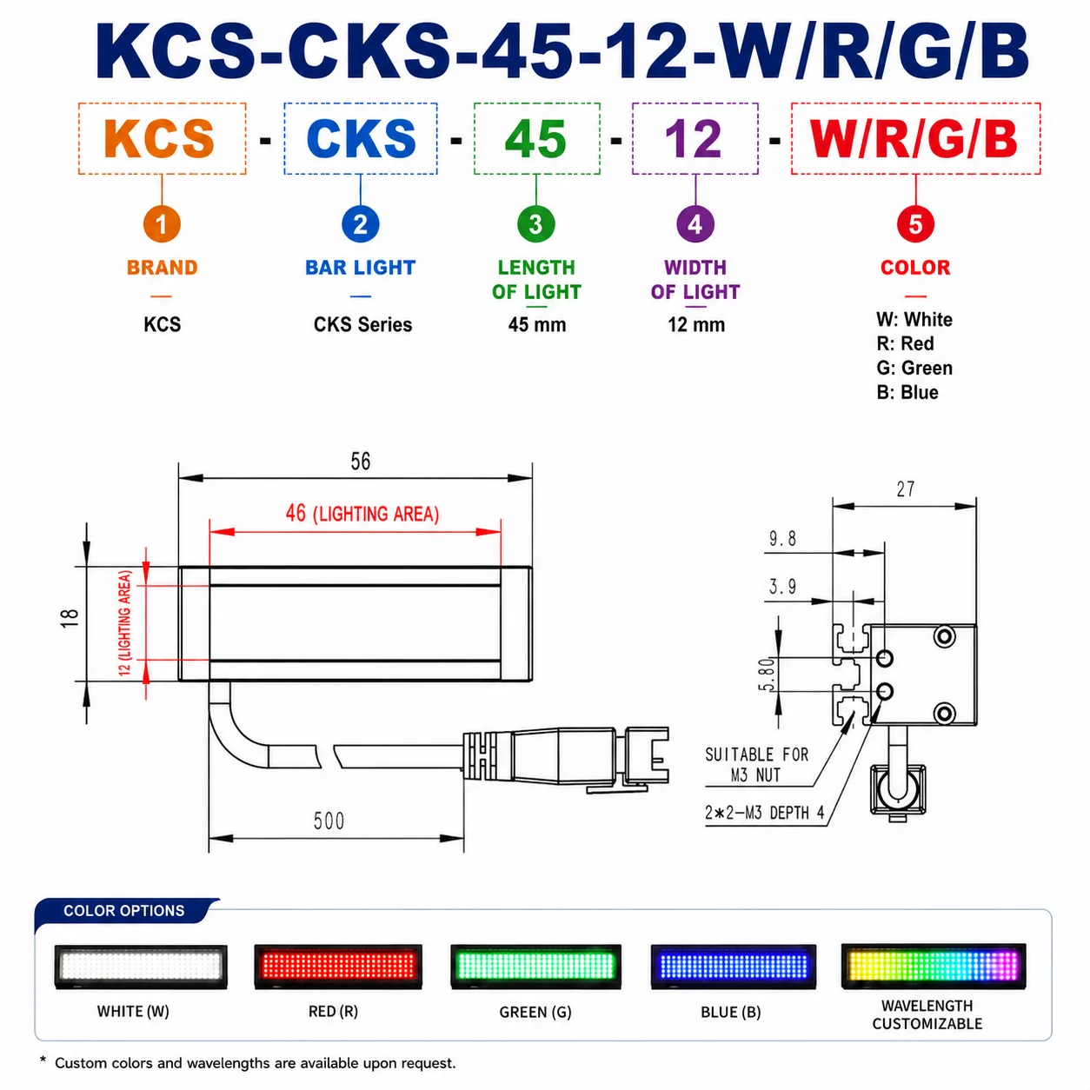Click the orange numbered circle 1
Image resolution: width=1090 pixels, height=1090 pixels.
[x=162, y=224]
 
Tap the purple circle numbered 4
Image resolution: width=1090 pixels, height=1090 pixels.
[x=695, y=224]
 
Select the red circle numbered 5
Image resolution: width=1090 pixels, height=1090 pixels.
[x=915, y=224]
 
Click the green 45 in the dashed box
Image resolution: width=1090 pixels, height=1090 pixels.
[x=535, y=138]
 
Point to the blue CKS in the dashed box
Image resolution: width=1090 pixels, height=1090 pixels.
[x=361, y=138]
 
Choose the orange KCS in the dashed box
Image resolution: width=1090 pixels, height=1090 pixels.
[x=159, y=138]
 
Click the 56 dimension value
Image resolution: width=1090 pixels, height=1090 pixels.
[x=361, y=461]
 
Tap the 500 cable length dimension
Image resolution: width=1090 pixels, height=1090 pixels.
[x=329, y=821]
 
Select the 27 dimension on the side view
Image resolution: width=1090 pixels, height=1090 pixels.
[x=905, y=489]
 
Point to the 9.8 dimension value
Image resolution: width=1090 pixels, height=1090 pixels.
[x=782, y=539]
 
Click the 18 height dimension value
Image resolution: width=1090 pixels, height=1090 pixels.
[x=69, y=618]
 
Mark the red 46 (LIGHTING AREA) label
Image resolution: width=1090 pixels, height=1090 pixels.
[x=362, y=513]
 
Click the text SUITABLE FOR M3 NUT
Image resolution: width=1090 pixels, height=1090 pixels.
[x=756, y=764]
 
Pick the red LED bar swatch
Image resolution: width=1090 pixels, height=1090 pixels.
[x=338, y=966]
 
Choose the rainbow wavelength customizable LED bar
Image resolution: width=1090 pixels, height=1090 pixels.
[x=934, y=966]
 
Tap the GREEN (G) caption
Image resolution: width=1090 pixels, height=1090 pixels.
[x=535, y=1012]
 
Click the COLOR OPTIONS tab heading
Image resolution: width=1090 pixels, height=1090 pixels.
[x=124, y=910]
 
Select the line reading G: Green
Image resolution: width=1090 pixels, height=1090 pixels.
[x=914, y=368]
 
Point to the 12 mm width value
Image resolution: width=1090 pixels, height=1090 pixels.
[x=695, y=325]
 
